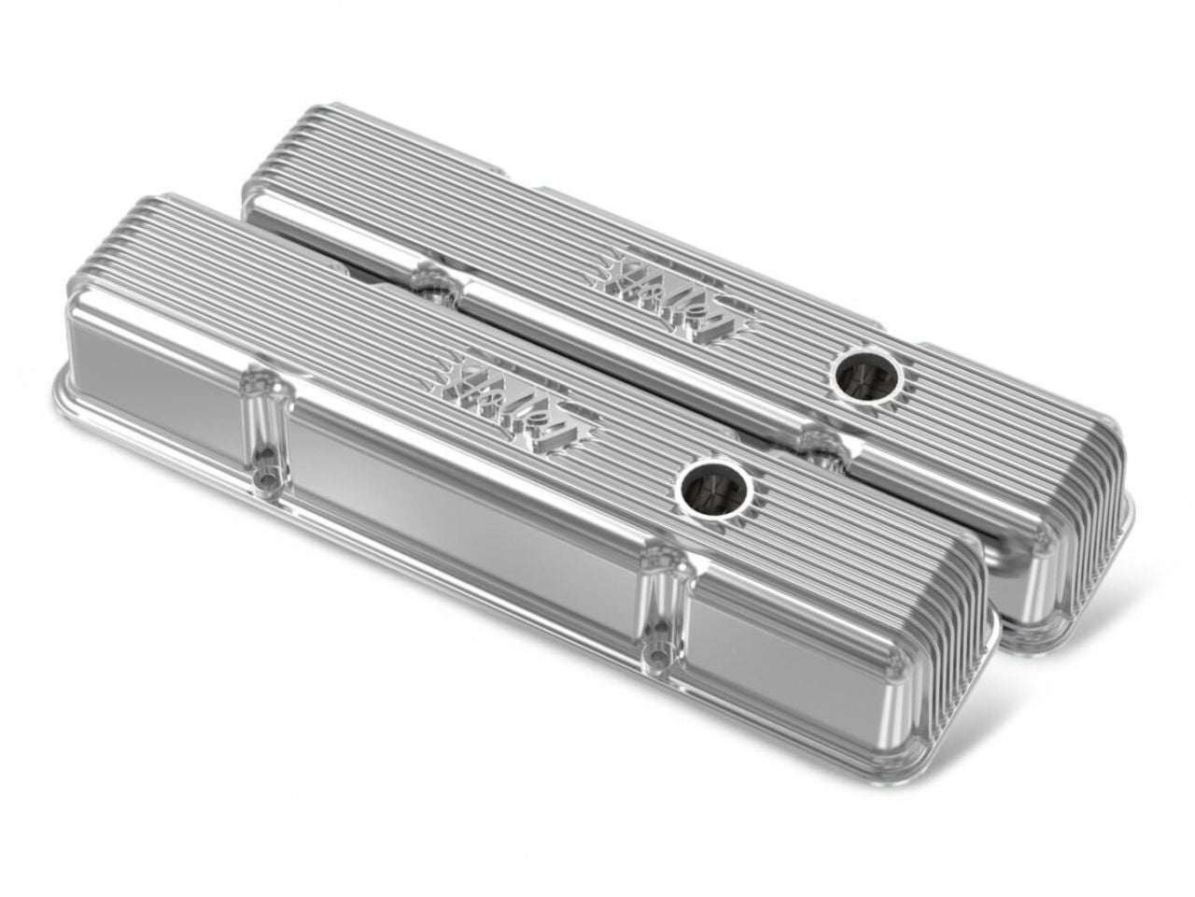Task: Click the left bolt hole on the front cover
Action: pos(263,478)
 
